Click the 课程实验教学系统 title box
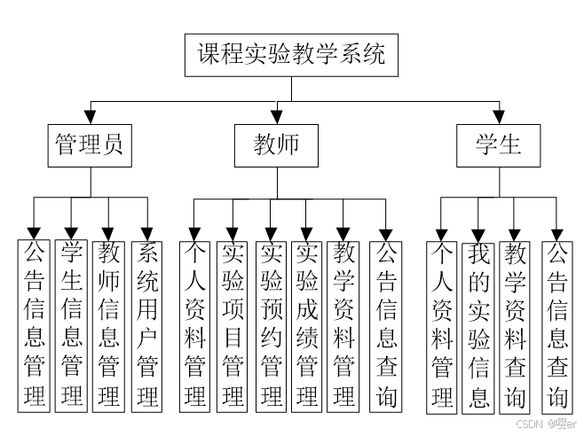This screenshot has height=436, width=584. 292,54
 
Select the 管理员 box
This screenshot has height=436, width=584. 89,144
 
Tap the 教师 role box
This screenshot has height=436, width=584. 276,144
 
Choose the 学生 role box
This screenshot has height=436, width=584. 498,144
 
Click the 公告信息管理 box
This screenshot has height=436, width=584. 35,324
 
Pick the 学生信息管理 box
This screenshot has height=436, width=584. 72,324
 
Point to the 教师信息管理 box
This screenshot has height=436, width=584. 108,324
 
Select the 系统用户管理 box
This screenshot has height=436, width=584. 147,324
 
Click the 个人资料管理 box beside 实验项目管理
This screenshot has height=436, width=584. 194,324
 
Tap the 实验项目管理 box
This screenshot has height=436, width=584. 233,324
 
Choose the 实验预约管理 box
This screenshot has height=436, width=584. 271,324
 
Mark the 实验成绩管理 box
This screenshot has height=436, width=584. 307,324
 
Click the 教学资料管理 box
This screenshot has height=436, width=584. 343,324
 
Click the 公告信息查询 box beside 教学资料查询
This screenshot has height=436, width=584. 556,324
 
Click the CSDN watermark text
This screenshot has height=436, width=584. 528,424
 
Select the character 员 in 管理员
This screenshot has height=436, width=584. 113,144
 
